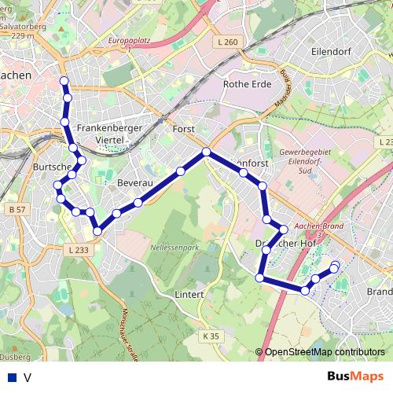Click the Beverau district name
132,182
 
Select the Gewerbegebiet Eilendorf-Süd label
311,160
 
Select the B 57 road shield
17,210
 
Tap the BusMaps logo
354,376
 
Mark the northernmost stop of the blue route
64,80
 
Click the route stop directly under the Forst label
206,152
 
